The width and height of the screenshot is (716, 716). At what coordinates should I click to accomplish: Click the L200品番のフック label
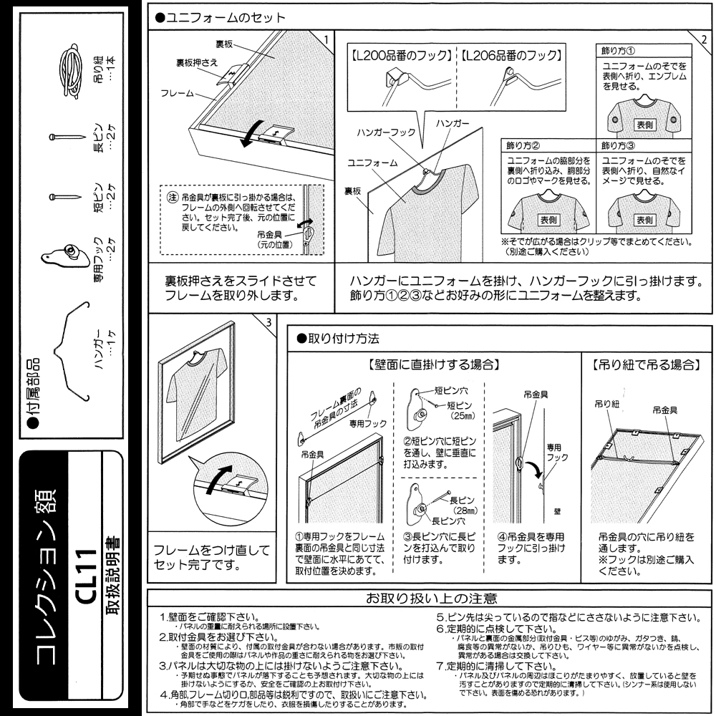[401, 55]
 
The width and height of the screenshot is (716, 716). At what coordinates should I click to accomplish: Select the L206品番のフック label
[511, 55]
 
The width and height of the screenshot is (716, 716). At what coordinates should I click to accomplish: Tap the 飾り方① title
[616, 52]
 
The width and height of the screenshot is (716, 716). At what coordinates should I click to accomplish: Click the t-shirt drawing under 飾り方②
[548, 211]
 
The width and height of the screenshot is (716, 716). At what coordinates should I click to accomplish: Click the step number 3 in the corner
[268, 321]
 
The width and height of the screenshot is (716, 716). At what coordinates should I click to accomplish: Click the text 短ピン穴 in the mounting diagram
[453, 391]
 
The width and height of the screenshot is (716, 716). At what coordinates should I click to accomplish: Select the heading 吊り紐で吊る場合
[646, 364]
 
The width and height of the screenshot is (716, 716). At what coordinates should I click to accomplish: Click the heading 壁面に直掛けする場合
[434, 364]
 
